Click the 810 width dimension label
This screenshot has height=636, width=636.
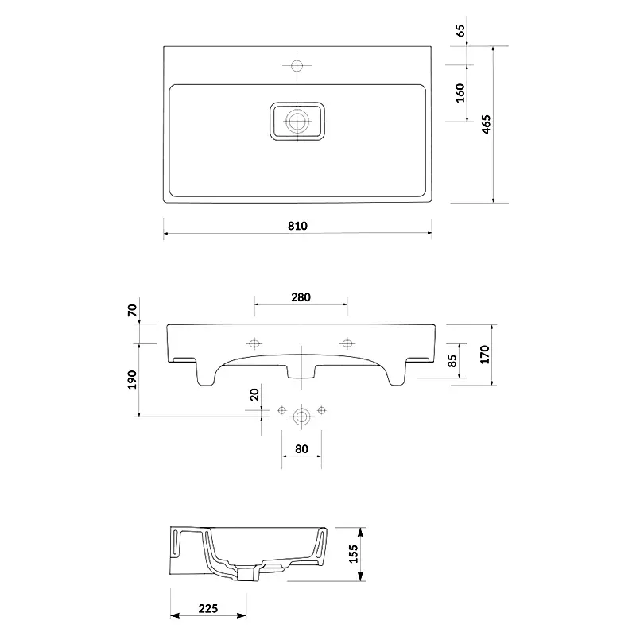point(297,226)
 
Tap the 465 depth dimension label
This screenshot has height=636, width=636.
point(486,124)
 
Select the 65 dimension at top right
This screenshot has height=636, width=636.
point(461,31)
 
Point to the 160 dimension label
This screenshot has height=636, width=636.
point(460,93)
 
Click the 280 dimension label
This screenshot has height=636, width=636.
point(301,297)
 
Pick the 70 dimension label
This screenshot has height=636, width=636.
point(132,310)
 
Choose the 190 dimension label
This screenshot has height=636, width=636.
point(132,380)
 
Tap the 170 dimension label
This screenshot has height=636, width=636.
point(485,355)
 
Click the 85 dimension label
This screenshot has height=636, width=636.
point(452,361)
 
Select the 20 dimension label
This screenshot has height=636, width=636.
point(254,394)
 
